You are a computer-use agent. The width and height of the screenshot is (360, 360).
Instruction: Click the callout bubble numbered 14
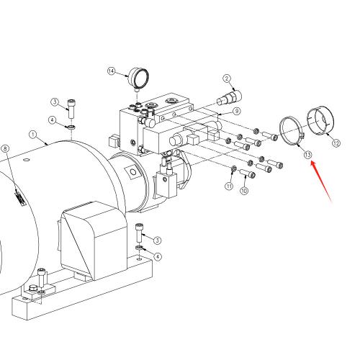point(111,71)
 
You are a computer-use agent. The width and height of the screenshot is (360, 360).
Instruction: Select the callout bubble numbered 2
point(227,78)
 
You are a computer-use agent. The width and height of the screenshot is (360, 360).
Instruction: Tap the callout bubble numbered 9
point(237,111)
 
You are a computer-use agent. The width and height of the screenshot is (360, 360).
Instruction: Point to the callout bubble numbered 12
point(336,143)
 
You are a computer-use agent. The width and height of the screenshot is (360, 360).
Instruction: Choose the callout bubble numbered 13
point(307,155)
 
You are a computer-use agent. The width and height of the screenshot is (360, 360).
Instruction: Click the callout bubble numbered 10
point(244,191)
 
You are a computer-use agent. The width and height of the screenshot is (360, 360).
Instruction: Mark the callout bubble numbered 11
point(229,186)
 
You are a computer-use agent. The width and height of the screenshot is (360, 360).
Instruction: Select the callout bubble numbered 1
point(33,135)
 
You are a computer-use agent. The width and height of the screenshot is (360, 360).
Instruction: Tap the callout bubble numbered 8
point(5,148)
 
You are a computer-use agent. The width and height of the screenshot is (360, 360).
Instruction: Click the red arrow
point(321,181)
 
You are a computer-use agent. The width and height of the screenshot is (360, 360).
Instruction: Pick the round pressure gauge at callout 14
point(138,78)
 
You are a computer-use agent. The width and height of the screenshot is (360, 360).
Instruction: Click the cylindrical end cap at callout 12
point(320,120)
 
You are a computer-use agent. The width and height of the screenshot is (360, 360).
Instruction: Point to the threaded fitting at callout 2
point(229,98)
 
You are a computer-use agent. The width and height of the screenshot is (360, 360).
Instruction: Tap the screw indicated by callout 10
point(247,173)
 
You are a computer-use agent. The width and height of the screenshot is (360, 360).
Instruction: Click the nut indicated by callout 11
point(233,169)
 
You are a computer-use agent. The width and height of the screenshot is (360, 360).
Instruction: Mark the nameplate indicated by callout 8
point(20,198)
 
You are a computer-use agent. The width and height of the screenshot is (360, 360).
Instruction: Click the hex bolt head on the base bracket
point(32,288)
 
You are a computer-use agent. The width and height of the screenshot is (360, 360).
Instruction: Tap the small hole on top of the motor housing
point(27,160)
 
